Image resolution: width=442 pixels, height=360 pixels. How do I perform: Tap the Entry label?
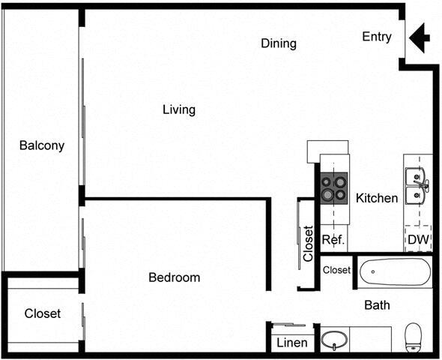pyautogui.click(x=376, y=37)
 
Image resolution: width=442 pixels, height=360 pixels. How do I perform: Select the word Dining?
pyautogui.click(x=278, y=43)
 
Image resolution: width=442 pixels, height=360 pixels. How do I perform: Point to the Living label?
pyautogui.click(x=179, y=109)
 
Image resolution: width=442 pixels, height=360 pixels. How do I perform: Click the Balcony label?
pyautogui.click(x=42, y=145)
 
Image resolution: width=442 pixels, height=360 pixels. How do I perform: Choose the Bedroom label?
pyautogui.click(x=174, y=277)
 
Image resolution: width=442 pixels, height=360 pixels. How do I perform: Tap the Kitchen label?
pyautogui.click(x=376, y=198)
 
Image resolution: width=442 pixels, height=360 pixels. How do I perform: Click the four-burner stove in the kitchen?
pyautogui.click(x=334, y=187)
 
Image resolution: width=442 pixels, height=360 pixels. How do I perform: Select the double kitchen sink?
pyautogui.click(x=416, y=187)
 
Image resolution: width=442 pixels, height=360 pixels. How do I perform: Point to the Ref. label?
pyautogui.click(x=333, y=240)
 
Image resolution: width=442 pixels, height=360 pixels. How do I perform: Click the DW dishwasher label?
pyautogui.click(x=417, y=240)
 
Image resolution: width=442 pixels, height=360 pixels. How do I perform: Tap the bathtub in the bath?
pyautogui.click(x=395, y=272)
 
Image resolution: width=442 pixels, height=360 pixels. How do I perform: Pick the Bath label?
pyautogui.click(x=377, y=305)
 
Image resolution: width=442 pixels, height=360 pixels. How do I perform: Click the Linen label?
pyautogui.click(x=291, y=343)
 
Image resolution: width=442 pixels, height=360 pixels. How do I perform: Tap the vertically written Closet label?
pyautogui.click(x=307, y=244)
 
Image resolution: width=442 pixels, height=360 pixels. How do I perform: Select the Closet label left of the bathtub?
pyautogui.click(x=336, y=269)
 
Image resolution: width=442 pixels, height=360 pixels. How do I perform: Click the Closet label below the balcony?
pyautogui.click(x=42, y=313)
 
